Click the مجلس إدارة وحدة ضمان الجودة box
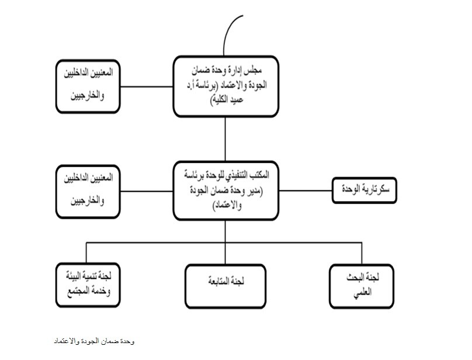pyautogui.click(x=224, y=86)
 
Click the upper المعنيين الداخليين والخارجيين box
pyautogui.click(x=88, y=85)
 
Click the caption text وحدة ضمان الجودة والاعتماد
pyautogui.click(x=93, y=340)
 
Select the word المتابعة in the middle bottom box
pyautogui.click(x=217, y=281)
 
